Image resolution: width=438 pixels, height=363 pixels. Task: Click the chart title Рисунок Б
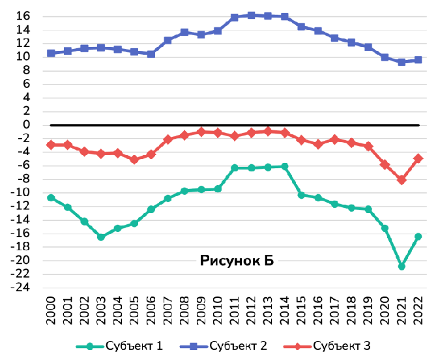point(237,261)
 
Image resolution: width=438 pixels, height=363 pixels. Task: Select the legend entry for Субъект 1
point(119,346)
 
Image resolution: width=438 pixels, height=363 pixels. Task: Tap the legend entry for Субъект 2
point(224,346)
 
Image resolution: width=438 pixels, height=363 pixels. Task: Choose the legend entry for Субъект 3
point(327,346)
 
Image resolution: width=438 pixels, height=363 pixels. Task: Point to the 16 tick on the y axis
point(23,16)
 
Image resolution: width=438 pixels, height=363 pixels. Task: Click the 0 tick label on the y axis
point(26,124)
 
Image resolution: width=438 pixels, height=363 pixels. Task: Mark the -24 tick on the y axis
point(20,287)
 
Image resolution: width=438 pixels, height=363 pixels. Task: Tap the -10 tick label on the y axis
point(20,192)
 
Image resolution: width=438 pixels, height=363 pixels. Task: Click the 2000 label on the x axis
point(51,311)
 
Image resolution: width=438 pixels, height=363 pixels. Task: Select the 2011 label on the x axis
point(235,311)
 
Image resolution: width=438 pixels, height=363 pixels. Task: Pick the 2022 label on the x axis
point(418,311)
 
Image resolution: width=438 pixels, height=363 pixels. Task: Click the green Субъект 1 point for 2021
point(401,267)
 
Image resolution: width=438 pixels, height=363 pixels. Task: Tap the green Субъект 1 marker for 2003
point(101,237)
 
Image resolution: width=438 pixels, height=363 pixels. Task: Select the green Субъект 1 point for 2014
point(285,167)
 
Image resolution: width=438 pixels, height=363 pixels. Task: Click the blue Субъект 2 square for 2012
point(251,16)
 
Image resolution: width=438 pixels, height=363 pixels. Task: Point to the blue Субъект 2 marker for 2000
point(51,53)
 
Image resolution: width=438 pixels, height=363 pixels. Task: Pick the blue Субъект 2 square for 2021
point(401,62)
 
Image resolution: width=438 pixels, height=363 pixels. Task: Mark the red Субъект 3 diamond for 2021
point(401,180)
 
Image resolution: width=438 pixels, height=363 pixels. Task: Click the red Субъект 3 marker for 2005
point(134,160)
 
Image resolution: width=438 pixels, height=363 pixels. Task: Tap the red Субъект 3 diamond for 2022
point(418,158)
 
